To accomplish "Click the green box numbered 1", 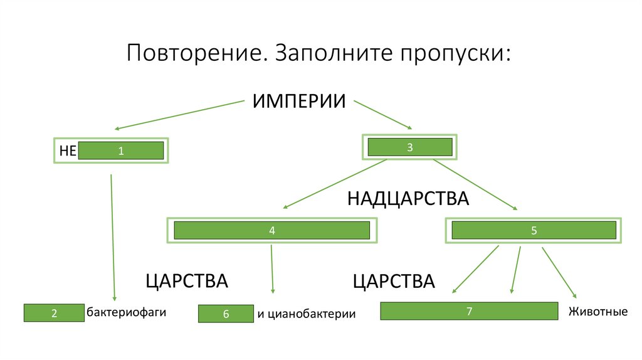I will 121,151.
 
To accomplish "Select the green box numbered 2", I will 54,313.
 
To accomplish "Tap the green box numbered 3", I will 409,147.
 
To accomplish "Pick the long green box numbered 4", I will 271,230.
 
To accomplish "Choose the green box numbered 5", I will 534,230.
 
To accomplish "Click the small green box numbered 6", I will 226,314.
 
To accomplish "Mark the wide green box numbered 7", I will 469,311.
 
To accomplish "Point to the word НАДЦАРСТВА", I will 408,199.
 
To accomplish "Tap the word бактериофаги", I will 126,312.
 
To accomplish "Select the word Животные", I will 597,311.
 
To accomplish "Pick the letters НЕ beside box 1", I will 67,151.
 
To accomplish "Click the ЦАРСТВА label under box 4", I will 186,281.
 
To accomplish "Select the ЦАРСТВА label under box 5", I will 393,281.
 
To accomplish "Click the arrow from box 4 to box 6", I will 272,270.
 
